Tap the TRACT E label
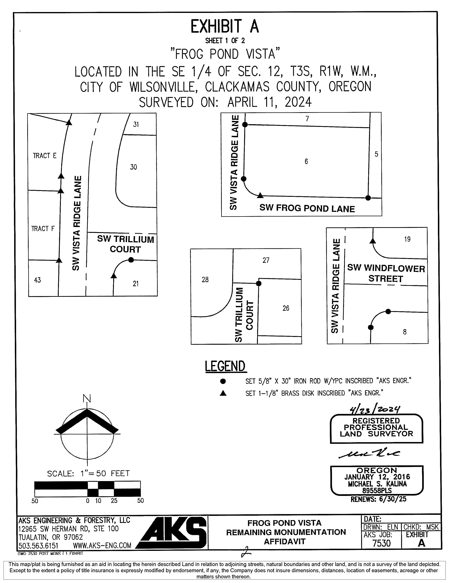pyautogui.click(x=45, y=156)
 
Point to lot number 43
pyautogui.click(x=37, y=280)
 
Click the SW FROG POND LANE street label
pyautogui.click(x=307, y=208)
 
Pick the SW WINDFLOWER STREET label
pyautogui.click(x=386, y=273)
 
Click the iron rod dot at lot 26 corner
pyautogui.click(x=258, y=283)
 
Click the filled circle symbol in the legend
pyautogui.click(x=223, y=381)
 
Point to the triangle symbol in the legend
pyautogui.click(x=223, y=393)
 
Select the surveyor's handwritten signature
pyautogui.click(x=369, y=454)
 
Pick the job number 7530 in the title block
pyautogui.click(x=381, y=543)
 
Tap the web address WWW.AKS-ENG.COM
pyautogui.click(x=102, y=545)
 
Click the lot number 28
pyautogui.click(x=205, y=280)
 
